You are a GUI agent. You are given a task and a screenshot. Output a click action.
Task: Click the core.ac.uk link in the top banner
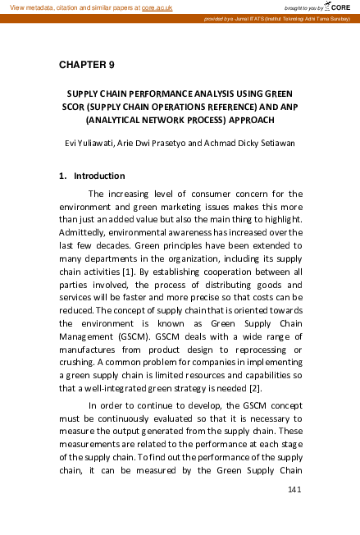click(157, 7)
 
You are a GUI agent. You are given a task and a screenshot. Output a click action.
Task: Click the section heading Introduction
click(99, 176)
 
